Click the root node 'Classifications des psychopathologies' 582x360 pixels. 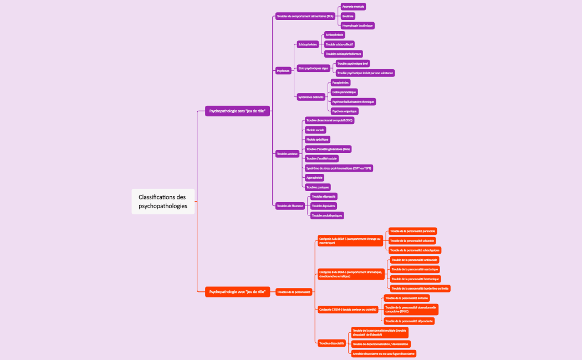pos(163,201)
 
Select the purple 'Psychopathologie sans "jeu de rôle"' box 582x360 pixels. pos(237,111)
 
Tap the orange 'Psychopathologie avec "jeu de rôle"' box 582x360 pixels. pos(237,291)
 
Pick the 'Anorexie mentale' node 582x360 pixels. pos(353,7)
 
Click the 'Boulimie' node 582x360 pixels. pos(348,16)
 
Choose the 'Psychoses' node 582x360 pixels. pos(283,71)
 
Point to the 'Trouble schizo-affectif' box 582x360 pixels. pos(339,44)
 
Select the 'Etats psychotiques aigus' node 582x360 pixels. pos(313,68)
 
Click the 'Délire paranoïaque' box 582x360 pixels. pos(344,92)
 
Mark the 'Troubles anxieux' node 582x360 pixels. pos(287,153)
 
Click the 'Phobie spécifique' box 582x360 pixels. pos(318,140)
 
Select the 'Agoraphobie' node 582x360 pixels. pos(314,178)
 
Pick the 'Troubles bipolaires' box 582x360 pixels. pos(324,205)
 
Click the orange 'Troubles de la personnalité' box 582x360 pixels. pos(294,291)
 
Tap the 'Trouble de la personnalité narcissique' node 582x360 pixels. pos(415,269)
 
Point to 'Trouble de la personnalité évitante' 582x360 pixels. pos(406,298)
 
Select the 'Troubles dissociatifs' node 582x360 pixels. pos(331,343)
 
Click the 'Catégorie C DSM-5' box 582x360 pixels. pos(348,310)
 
